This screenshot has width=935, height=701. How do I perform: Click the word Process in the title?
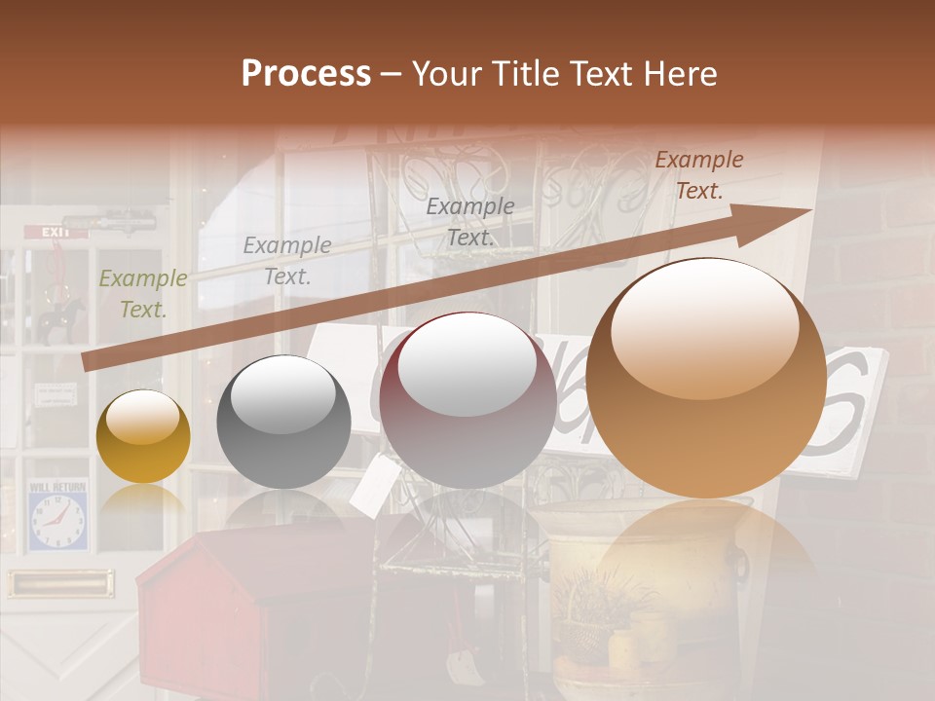tap(306, 74)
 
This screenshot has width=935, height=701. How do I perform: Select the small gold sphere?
tap(143, 436)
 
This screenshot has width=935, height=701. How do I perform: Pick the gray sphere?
tap(283, 422)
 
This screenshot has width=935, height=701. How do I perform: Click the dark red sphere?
tap(467, 400)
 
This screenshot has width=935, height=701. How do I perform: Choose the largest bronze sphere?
tap(706, 377)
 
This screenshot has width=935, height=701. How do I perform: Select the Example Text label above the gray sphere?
tap(286, 261)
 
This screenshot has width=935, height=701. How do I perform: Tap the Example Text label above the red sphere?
tap(470, 221)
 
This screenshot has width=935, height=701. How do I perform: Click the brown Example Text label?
tap(699, 175)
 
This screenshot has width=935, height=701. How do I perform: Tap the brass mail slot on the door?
tap(59, 583)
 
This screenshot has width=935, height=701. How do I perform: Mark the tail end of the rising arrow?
tap(88, 362)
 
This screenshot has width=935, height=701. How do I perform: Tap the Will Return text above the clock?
tap(57, 486)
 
